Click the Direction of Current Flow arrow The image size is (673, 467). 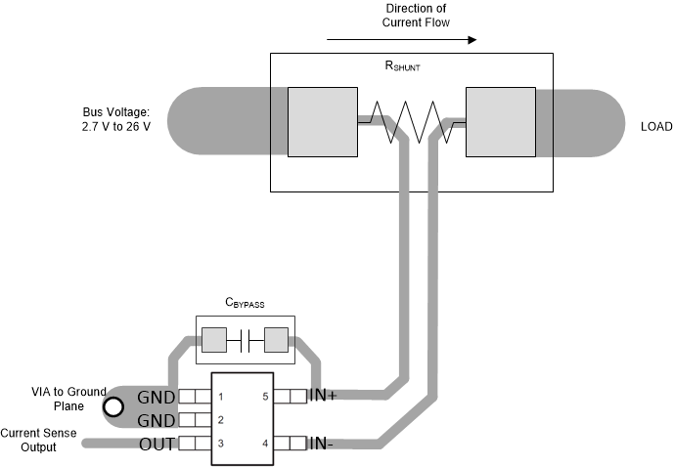[x=402, y=41]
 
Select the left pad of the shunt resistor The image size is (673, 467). [x=322, y=122]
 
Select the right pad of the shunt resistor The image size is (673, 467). [x=500, y=122]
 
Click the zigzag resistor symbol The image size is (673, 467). [x=411, y=122]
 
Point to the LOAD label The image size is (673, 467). [x=656, y=128]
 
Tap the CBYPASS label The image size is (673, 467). [x=245, y=305]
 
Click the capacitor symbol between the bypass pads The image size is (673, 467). [x=246, y=340]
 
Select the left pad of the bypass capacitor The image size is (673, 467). [x=213, y=340]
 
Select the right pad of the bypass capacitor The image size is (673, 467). [x=277, y=340]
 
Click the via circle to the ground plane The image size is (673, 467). [x=115, y=406]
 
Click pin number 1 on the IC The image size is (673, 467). [x=222, y=397]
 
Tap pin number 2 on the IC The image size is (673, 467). [x=222, y=420]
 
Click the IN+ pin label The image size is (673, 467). [x=325, y=397]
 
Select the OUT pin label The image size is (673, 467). [x=157, y=444]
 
